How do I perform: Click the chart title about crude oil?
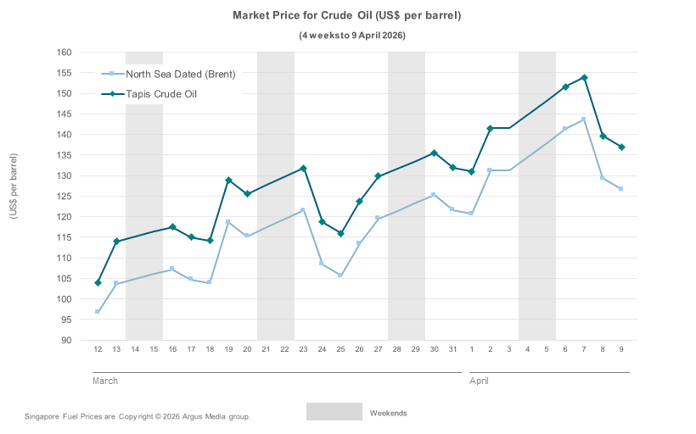click(347, 16)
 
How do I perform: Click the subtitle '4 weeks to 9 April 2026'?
click(351, 36)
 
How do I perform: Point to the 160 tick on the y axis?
click(64, 53)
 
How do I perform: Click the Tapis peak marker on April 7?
click(584, 78)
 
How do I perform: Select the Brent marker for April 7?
click(584, 120)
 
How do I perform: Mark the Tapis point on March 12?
click(98, 282)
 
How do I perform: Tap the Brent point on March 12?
click(98, 312)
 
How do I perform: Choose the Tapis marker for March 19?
click(228, 181)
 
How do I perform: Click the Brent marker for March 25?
click(340, 275)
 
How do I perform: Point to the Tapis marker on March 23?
click(303, 169)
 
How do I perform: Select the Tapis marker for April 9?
click(621, 147)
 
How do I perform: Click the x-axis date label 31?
click(452, 349)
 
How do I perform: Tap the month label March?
click(105, 381)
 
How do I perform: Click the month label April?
click(479, 381)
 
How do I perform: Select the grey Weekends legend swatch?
click(334, 412)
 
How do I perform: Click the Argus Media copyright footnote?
click(138, 416)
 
